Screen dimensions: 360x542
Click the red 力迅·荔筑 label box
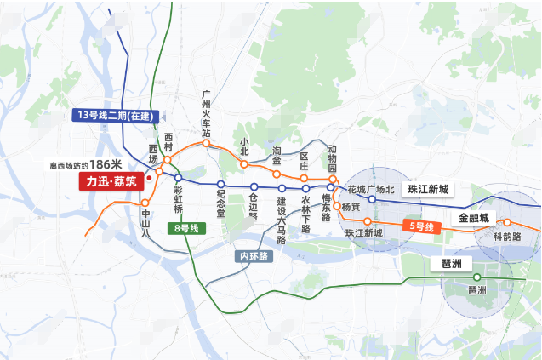[111, 182]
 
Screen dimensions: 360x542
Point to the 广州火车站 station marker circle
[206, 144]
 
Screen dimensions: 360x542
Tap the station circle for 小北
[244, 163]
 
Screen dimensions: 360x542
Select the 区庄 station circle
[305, 178]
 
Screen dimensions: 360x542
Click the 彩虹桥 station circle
[179, 178]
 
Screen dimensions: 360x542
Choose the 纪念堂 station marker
[220, 185]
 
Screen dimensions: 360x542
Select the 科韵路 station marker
[507, 223]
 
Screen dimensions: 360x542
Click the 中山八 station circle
[145, 203]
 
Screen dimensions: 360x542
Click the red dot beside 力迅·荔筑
[149, 179]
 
